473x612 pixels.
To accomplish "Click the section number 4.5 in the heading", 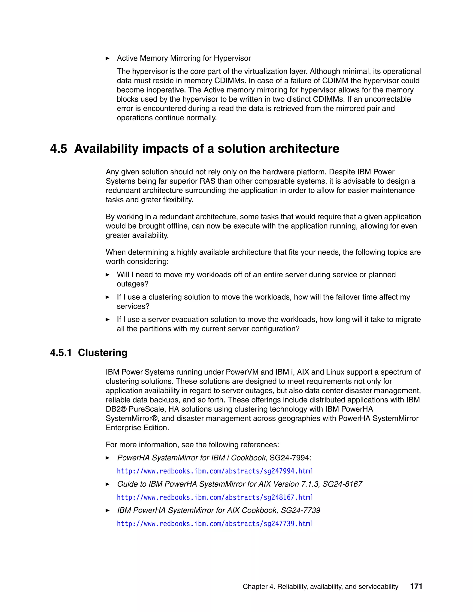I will (59, 148).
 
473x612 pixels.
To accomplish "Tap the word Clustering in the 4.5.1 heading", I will (103, 352).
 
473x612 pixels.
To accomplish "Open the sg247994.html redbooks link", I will (215, 471).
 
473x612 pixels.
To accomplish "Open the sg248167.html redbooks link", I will (215, 497).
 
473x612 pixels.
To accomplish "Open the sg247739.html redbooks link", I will (215, 524).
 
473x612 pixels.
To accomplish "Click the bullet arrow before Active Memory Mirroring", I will (108, 58).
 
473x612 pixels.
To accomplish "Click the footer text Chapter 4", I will (259, 587).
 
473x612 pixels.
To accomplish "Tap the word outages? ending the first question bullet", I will (132, 284).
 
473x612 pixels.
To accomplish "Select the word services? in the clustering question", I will (133, 306).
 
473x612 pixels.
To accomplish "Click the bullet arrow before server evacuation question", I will (108, 319).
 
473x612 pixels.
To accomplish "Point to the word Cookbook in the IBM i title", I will (248, 458).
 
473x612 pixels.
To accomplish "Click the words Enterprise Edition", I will (137, 428).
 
